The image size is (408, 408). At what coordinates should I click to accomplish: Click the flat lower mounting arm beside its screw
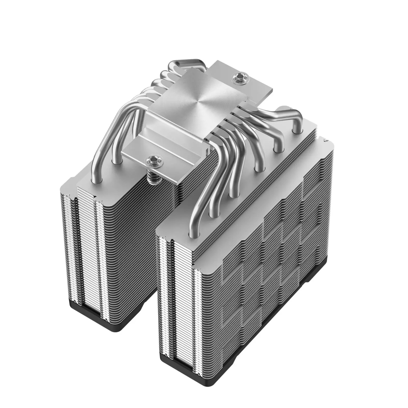135,152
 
